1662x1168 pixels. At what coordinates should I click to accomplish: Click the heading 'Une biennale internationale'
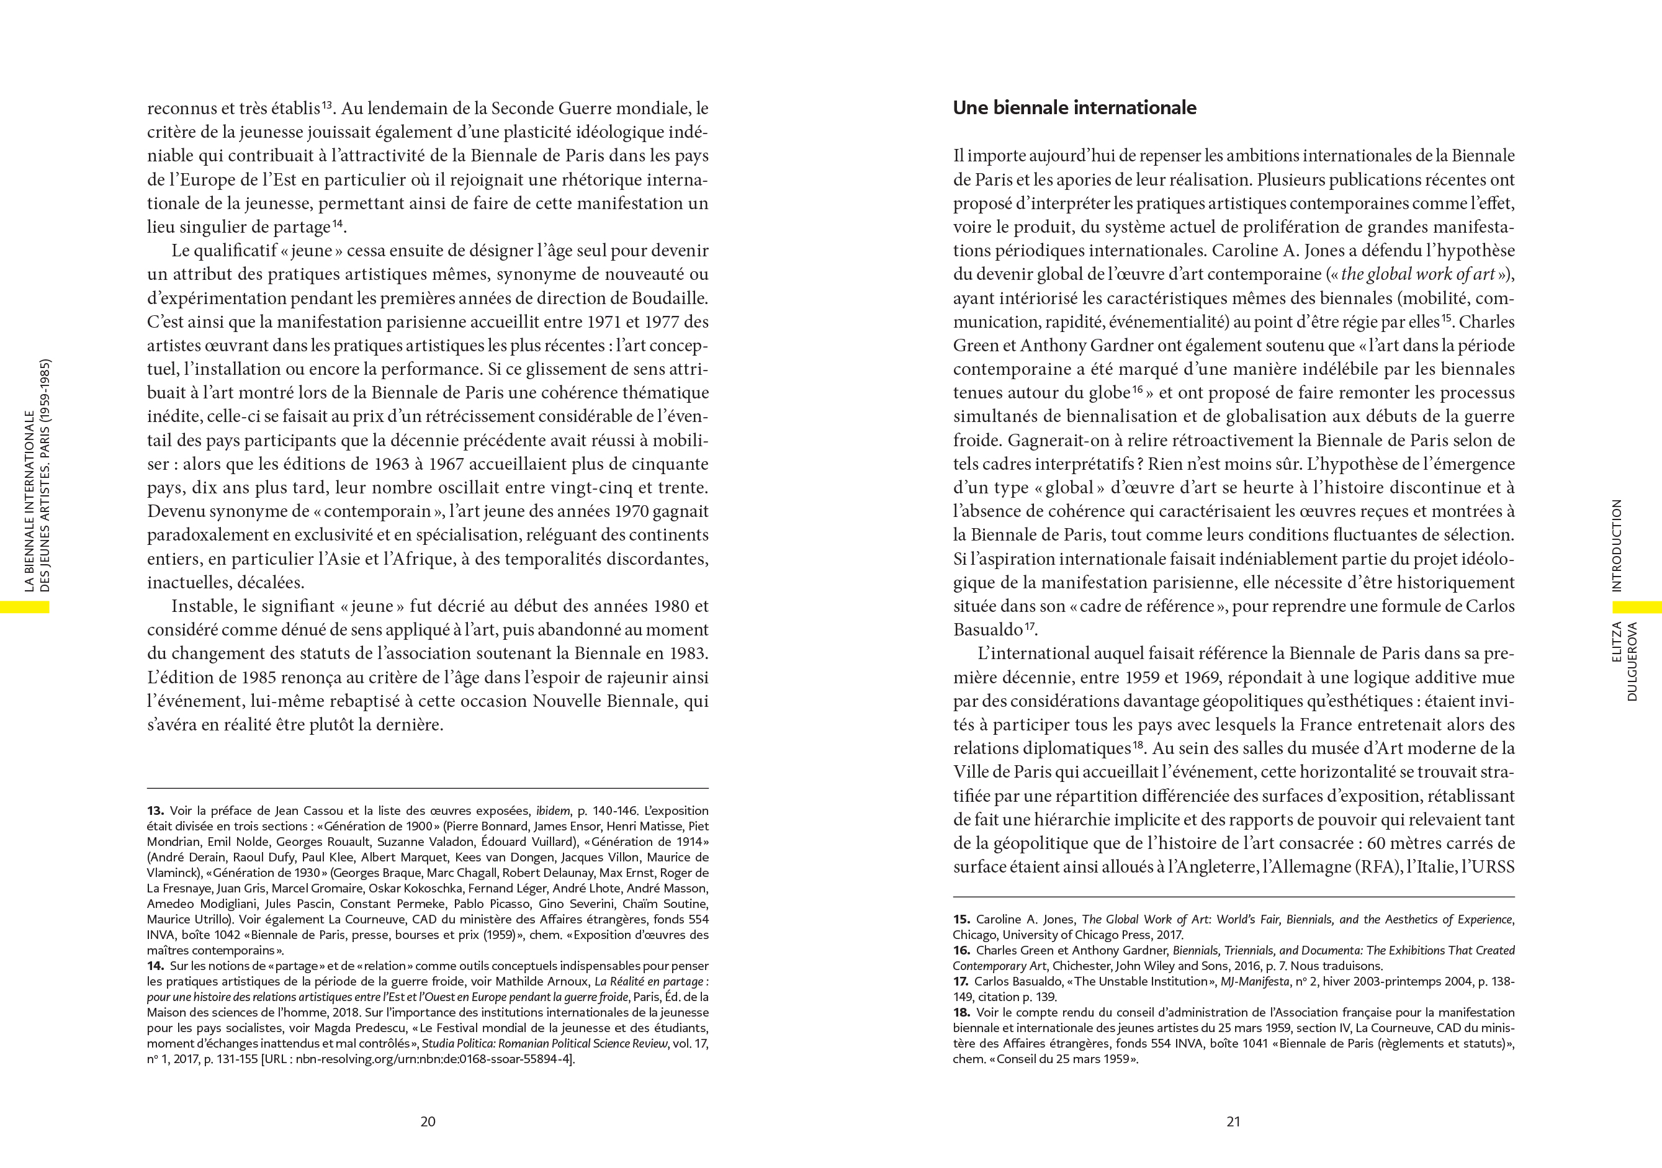(x=1074, y=109)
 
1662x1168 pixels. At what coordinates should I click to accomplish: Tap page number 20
(x=428, y=1121)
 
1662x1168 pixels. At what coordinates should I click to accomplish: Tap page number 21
(x=1234, y=1121)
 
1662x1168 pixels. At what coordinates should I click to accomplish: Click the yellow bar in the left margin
(x=25, y=607)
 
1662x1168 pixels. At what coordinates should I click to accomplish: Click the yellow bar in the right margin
(x=1637, y=606)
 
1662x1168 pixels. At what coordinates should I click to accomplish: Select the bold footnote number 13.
(x=155, y=811)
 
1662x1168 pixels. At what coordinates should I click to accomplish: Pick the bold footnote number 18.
(x=961, y=1012)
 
